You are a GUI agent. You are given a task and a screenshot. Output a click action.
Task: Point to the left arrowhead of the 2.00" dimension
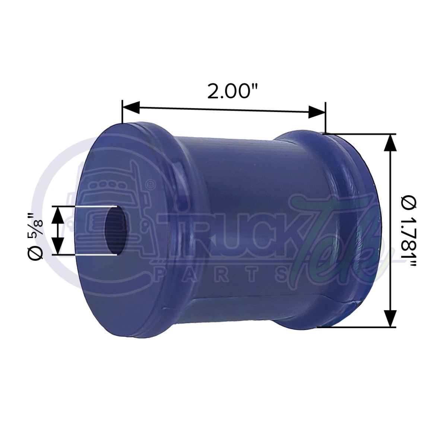[130, 107]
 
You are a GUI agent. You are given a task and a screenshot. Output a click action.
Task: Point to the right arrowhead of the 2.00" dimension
[317, 111]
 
